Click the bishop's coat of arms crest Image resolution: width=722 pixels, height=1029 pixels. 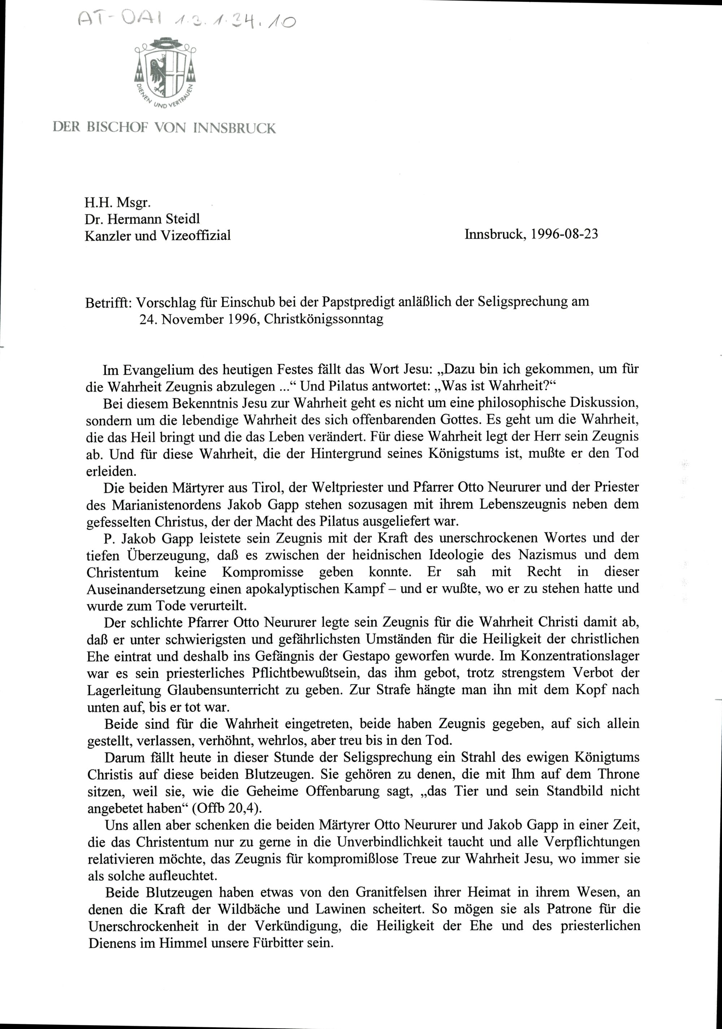[165, 74]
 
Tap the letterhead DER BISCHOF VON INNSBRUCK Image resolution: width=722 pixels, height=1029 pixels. [164, 128]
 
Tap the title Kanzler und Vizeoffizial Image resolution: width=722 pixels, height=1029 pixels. [157, 235]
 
